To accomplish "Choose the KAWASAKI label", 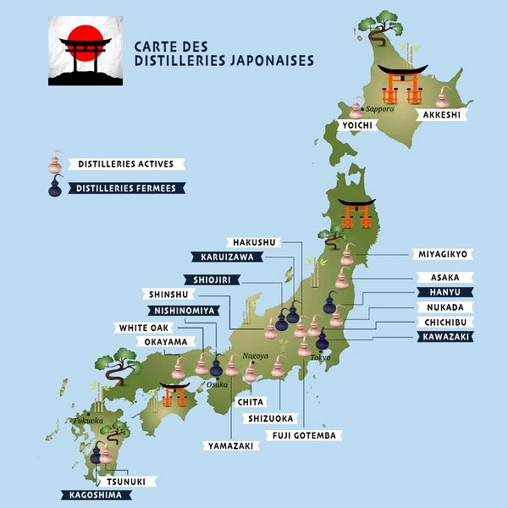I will pos(443,337).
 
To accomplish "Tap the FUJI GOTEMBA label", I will pos(304,435).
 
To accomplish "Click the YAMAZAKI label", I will pos(229,444).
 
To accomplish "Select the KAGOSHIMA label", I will pos(91,495).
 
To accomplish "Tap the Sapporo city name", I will pos(381,109).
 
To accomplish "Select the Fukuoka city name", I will pos(88,420).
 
